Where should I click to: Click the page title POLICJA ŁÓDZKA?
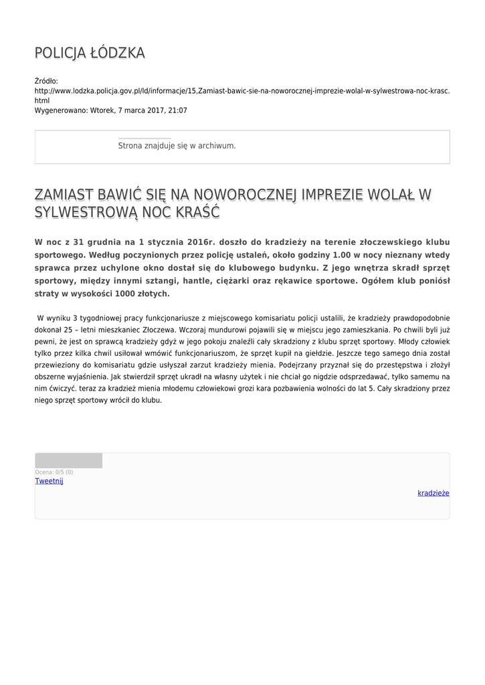pyautogui.click(x=90, y=54)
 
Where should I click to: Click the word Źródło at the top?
pyautogui.click(x=46, y=81)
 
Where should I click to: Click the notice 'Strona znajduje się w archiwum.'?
pyautogui.click(x=177, y=145)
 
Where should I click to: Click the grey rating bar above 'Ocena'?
pyautogui.click(x=68, y=460)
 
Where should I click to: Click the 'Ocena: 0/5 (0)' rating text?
pyautogui.click(x=54, y=472)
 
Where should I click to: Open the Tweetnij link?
pyautogui.click(x=49, y=481)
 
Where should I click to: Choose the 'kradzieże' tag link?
pyautogui.click(x=433, y=493)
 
